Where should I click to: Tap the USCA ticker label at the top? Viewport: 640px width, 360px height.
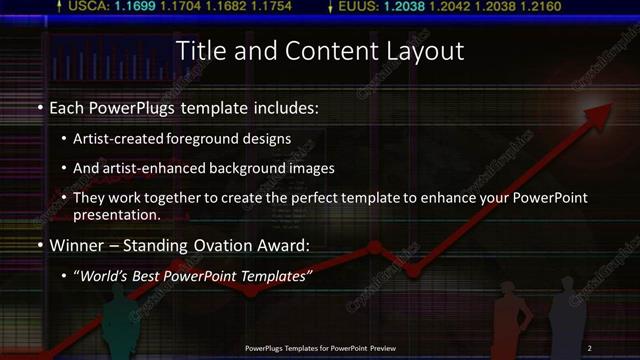pos(88,7)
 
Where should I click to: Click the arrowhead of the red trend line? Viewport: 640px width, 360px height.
pos(605,112)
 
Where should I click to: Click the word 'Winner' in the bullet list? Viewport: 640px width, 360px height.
pos(77,244)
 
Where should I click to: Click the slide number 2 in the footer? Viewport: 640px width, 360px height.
pos(590,347)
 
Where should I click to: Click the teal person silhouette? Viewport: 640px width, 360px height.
pos(118,325)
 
